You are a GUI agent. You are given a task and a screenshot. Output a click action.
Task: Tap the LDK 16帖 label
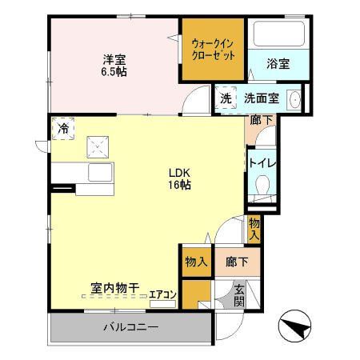pos(178,178)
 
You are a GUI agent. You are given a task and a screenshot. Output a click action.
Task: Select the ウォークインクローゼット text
pos(214,50)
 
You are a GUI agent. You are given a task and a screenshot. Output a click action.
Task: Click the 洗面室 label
pos(261,99)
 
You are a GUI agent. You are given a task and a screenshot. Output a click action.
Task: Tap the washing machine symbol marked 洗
pos(226,98)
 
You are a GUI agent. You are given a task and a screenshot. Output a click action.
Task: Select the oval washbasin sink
pos(295,99)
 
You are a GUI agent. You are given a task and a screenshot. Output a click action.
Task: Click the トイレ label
pos(262,163)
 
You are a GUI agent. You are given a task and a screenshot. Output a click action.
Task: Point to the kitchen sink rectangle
pos(102,173)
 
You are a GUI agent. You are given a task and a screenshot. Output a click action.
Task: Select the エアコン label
pos(162,295)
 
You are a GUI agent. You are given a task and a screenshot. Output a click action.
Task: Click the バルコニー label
pos(130,327)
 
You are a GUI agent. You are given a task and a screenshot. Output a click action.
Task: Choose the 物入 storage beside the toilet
pos(254,228)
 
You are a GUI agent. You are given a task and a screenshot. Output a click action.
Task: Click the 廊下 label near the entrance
pos(236,262)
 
